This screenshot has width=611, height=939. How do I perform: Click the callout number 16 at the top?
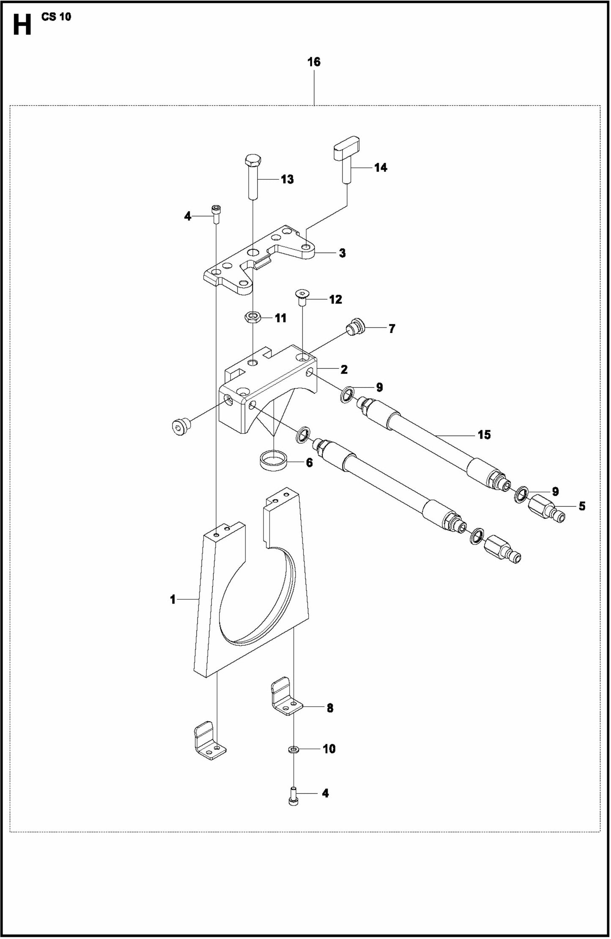314,62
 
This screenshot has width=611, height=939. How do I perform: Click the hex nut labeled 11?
253,317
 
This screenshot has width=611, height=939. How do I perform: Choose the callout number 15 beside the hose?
484,435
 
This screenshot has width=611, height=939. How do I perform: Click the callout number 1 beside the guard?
173,599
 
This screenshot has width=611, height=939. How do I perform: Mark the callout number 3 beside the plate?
342,253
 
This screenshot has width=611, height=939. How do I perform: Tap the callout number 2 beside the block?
344,369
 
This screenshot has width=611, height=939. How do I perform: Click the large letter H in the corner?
22,25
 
